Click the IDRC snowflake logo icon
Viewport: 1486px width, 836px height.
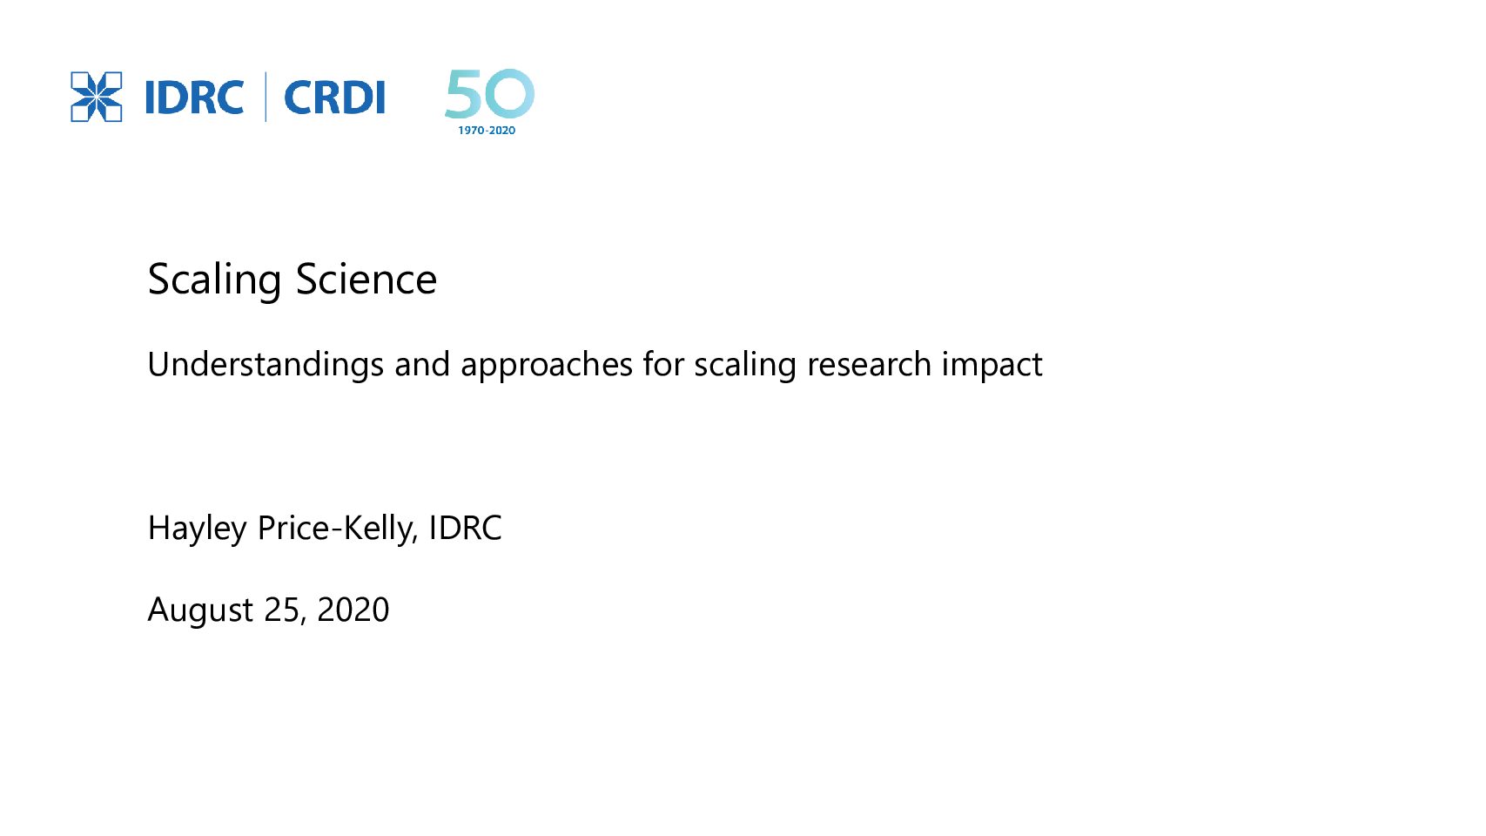pos(96,97)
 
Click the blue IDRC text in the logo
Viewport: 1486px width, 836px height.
pos(194,98)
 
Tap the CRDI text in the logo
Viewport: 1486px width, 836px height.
pos(334,98)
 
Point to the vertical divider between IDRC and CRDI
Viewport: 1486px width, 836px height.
pos(266,97)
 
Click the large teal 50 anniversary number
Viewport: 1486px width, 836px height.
pos(489,93)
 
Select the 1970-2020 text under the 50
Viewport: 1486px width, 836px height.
pos(487,131)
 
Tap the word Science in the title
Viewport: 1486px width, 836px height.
pos(366,279)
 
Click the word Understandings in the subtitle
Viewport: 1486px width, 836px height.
pos(266,365)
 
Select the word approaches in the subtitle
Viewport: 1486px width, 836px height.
pos(547,365)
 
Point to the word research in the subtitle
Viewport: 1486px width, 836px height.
pos(869,365)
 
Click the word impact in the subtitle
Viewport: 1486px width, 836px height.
pos(992,365)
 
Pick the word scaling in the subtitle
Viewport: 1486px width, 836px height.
pos(745,365)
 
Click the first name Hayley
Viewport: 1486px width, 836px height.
pos(197,529)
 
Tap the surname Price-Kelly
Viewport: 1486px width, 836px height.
pos(338,529)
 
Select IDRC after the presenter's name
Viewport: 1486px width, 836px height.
pos(465,528)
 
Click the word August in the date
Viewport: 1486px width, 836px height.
pos(200,610)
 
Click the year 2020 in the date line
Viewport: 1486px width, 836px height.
pos(353,610)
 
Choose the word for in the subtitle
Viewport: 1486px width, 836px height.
pos(663,364)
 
